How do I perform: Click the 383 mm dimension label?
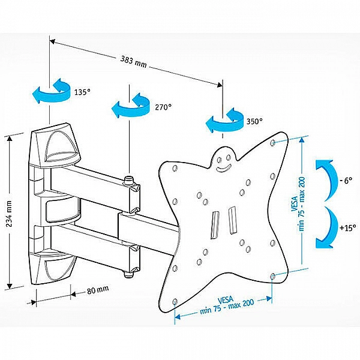coord(133,61)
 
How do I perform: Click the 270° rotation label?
coord(163,107)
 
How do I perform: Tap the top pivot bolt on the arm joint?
coord(128,179)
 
